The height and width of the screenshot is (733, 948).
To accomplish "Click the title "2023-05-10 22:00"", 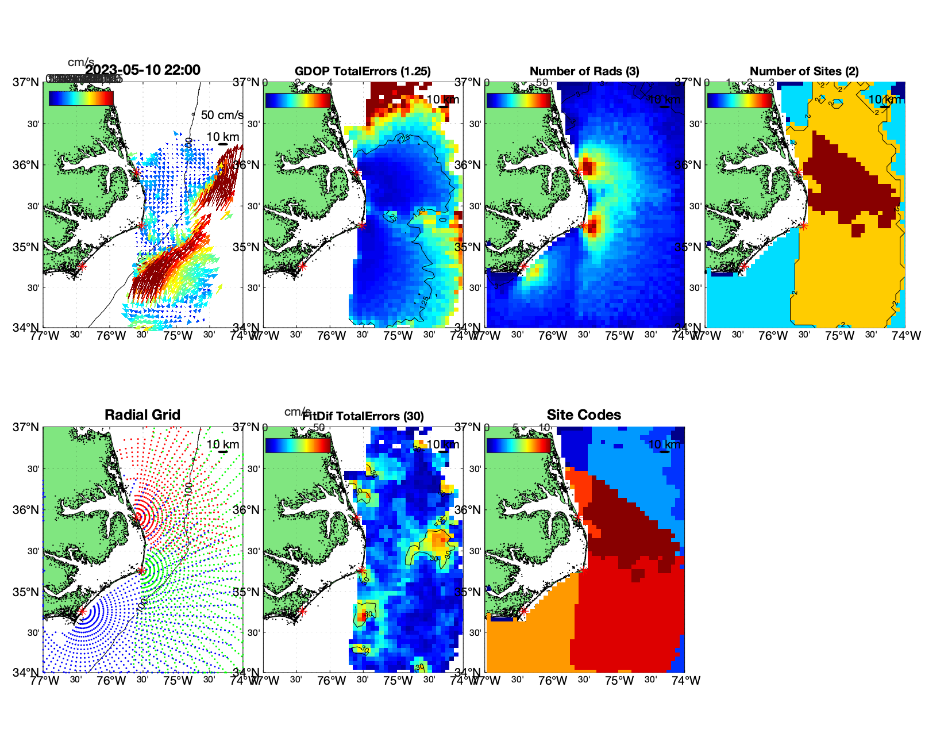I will pos(142,70).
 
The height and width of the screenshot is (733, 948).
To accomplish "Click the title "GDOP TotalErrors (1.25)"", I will pos(363,71).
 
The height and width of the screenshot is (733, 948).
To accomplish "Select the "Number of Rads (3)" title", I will pos(584,71).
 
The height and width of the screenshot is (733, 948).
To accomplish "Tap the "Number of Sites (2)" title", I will pos(804,71).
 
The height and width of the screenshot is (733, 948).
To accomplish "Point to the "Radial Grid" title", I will pos(142,415).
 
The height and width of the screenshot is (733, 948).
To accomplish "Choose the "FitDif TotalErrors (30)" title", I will pos(363,416).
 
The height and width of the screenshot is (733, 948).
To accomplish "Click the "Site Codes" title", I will pos(584,415).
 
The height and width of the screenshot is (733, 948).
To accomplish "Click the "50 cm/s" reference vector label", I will pos(222,115).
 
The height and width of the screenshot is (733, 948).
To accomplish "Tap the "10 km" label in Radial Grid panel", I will pos(223,444).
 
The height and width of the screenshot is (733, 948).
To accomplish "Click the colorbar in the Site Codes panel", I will pos(518,446).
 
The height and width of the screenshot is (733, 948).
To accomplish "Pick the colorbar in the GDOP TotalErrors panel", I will pos(298,101).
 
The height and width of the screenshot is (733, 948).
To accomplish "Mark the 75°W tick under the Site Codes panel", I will pos(619,681).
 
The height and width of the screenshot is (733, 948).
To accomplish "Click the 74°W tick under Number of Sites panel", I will pos(906,336).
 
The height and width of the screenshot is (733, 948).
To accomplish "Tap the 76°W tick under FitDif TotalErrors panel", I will pos(332,681).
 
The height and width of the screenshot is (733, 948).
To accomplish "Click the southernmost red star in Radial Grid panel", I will pos(82,611).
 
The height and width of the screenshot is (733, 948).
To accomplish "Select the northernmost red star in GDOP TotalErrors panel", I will pos(357,172).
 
